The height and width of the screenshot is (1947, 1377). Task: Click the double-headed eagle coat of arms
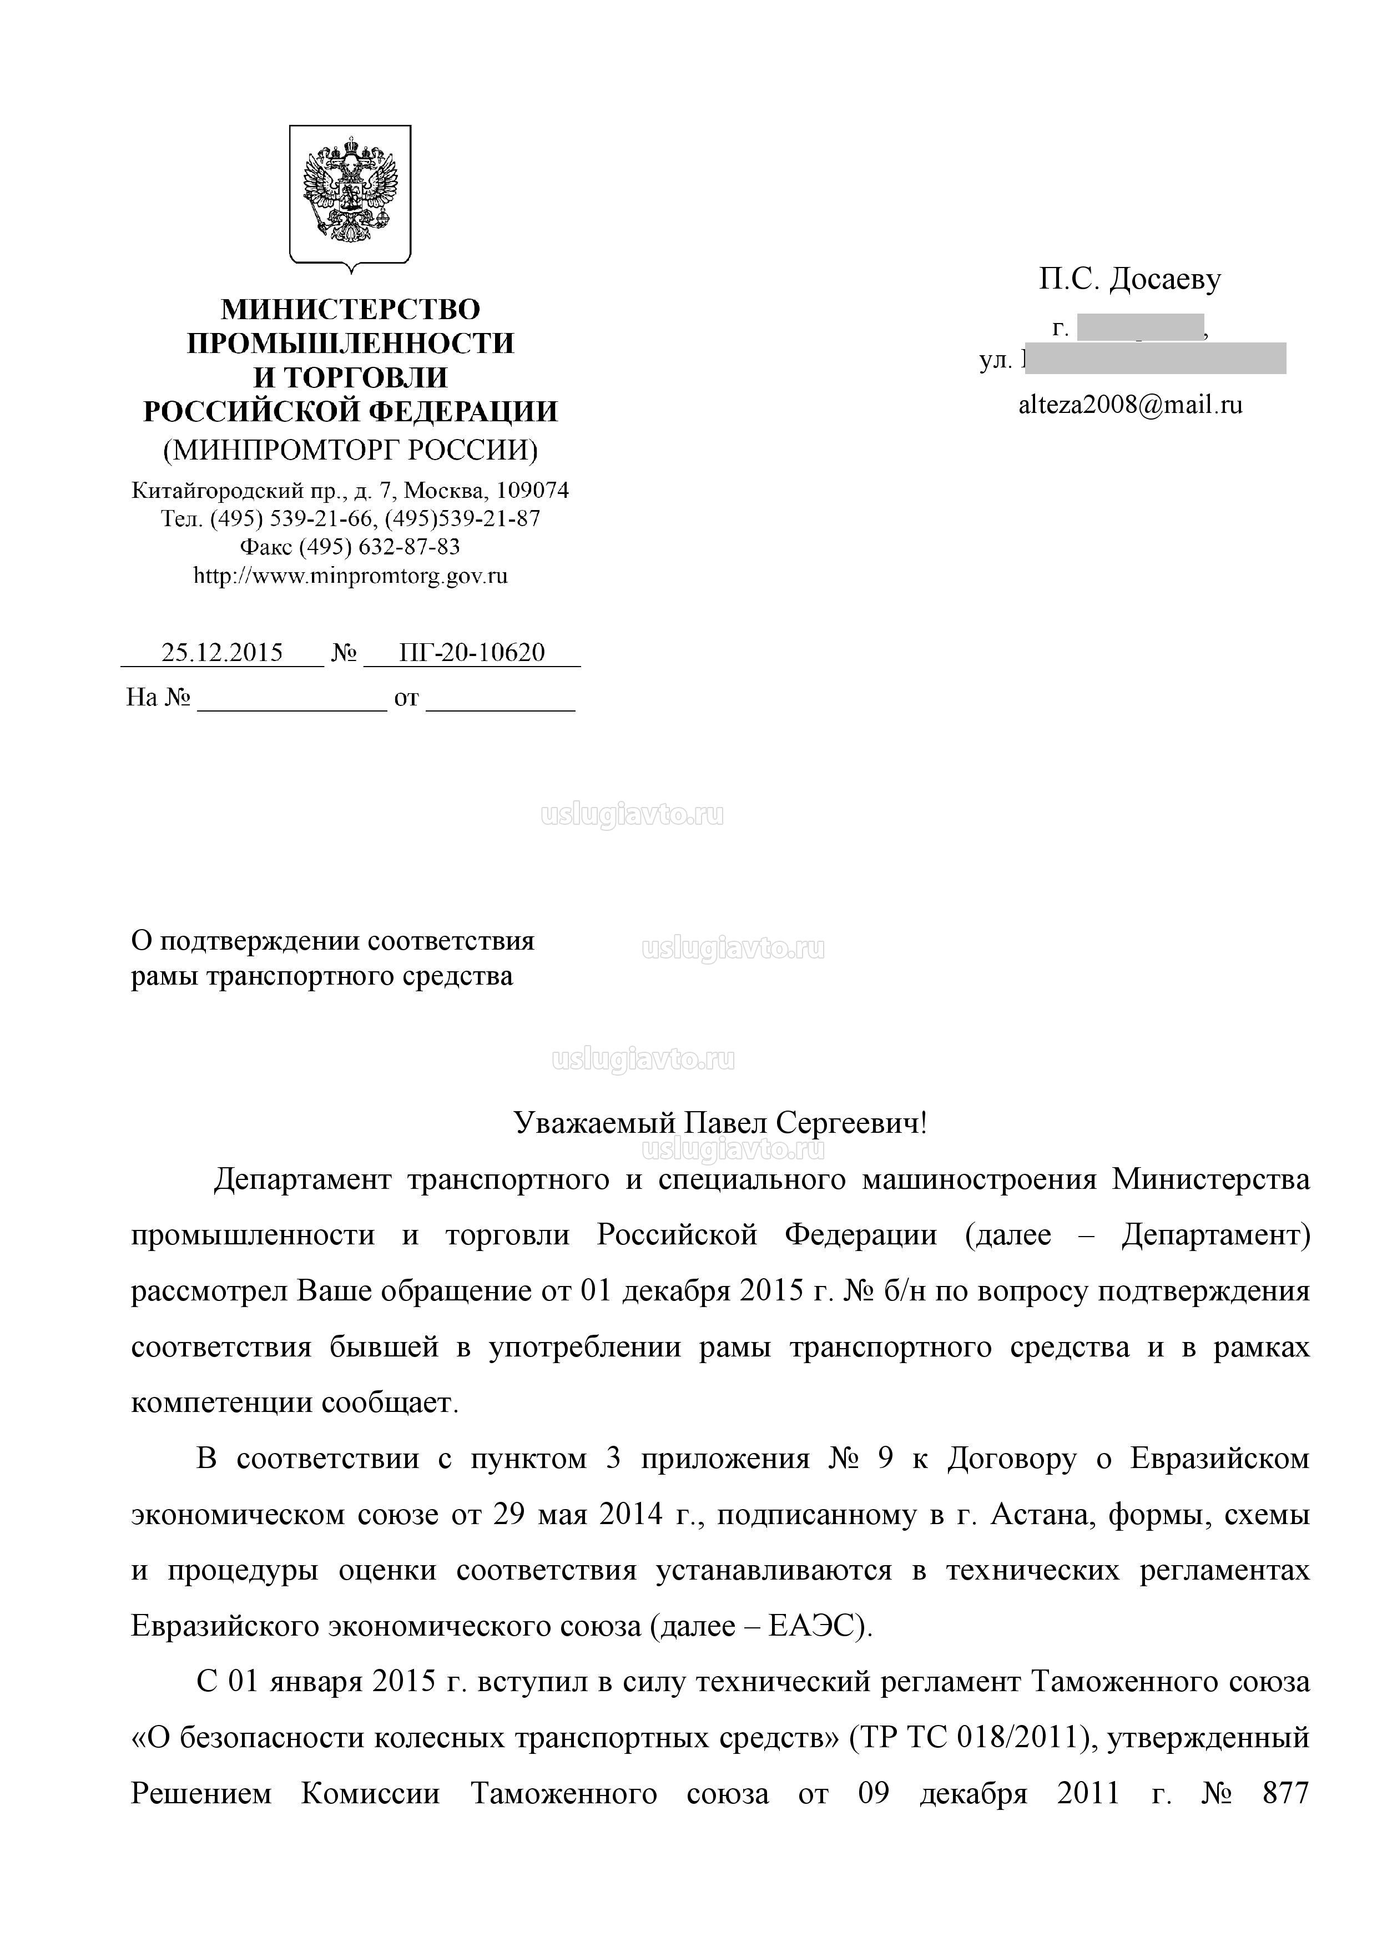click(350, 195)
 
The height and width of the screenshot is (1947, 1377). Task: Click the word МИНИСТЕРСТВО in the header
click(350, 309)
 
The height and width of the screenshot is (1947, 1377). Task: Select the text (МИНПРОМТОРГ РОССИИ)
click(350, 450)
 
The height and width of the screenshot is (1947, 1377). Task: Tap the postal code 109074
click(532, 490)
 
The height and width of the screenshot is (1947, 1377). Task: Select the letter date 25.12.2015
click(222, 652)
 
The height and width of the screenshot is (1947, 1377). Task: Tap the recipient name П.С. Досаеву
click(1130, 279)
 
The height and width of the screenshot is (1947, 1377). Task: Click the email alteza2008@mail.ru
click(1130, 405)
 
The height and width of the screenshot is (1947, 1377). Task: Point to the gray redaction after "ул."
click(1155, 359)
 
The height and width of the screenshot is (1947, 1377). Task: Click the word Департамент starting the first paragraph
click(302, 1179)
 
